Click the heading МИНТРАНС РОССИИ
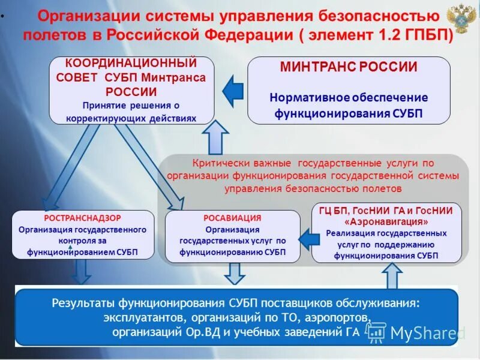point(349,67)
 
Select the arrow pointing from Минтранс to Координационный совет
point(233,91)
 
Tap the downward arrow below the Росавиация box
point(232,273)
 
